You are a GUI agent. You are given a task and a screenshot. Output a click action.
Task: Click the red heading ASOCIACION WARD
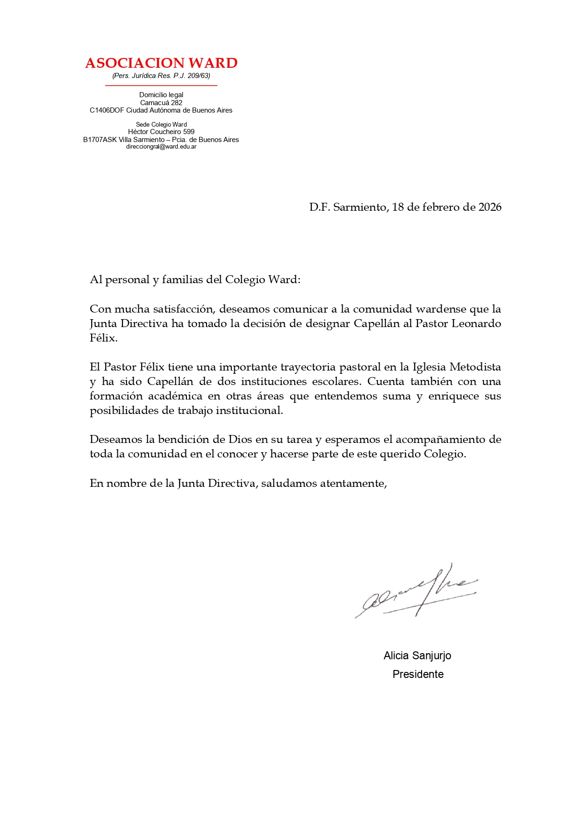[x=161, y=63]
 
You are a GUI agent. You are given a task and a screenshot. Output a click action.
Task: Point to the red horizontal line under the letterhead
[x=161, y=86]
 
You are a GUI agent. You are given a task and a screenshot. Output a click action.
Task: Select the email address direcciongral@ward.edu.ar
[x=161, y=147]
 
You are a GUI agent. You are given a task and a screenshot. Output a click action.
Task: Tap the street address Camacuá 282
[x=161, y=103]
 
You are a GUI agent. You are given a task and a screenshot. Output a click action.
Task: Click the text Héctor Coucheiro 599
[x=161, y=132]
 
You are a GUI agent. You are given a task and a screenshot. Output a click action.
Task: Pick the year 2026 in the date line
[x=490, y=207]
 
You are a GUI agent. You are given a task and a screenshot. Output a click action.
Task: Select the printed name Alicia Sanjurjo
[x=417, y=656]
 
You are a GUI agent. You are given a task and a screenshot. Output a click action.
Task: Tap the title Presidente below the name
[x=418, y=674]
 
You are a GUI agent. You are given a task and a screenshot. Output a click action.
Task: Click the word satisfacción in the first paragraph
[x=184, y=309]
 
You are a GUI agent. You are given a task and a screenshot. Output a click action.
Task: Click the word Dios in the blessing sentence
[x=240, y=440]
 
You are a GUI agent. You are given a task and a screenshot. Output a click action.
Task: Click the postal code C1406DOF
[x=107, y=110]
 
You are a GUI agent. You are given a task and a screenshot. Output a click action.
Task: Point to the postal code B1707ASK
[x=100, y=140]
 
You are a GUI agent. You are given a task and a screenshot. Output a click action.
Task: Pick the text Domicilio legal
[x=161, y=95]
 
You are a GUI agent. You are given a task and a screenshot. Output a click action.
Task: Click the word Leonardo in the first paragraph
[x=476, y=324]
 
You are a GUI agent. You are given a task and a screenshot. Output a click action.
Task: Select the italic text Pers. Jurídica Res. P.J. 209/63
[x=161, y=76]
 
